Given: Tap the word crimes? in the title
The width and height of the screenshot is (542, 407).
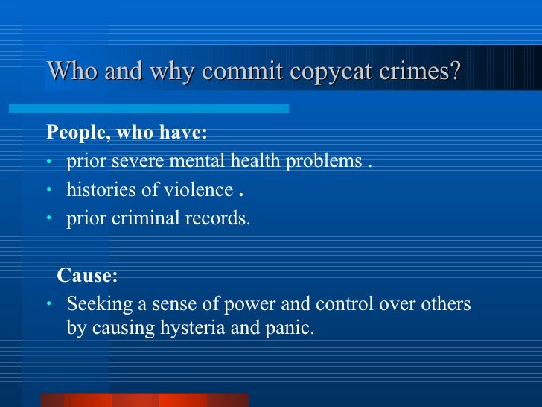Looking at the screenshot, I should [427, 72].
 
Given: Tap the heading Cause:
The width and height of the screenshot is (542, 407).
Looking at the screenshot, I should [87, 276].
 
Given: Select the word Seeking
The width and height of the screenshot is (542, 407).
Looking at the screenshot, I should [96, 306].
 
